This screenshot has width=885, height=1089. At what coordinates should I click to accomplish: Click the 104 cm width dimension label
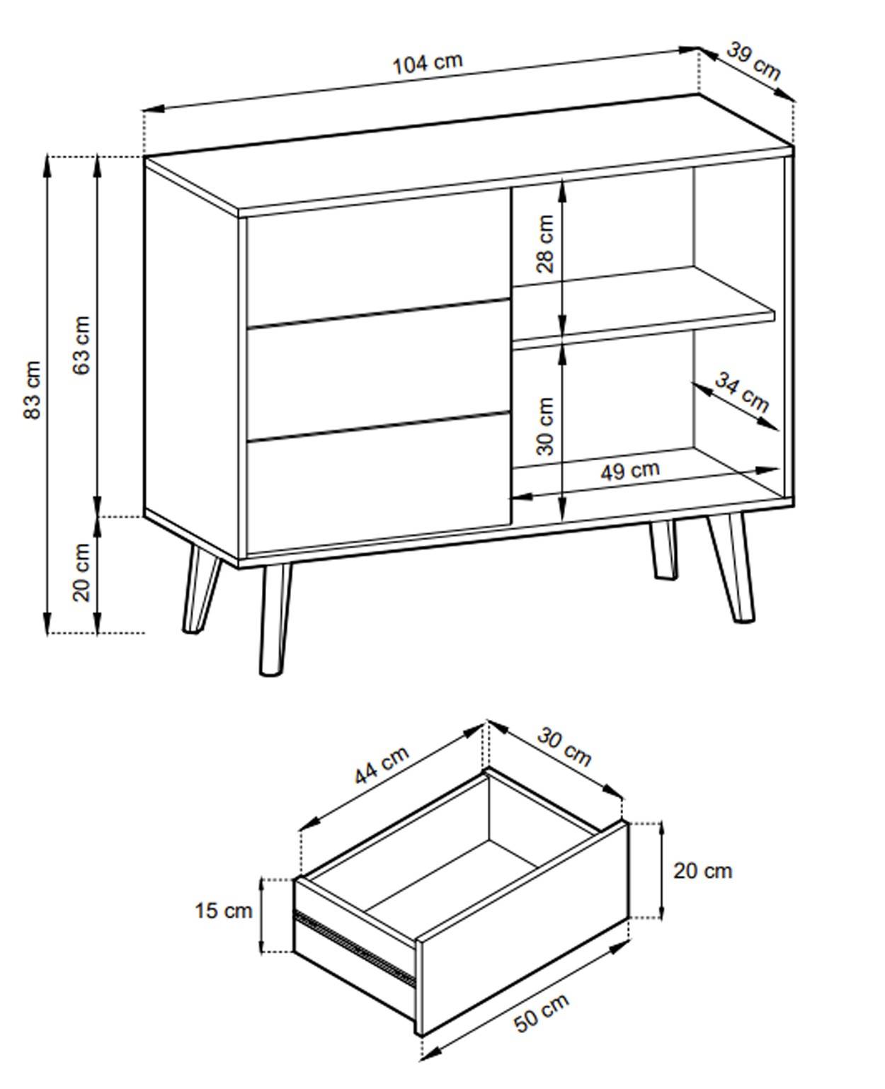[x=428, y=62]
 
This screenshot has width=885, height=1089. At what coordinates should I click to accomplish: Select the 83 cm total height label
[x=33, y=389]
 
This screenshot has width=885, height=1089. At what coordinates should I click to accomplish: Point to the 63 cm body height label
[x=82, y=345]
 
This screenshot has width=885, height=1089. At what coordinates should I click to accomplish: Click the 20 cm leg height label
[x=82, y=572]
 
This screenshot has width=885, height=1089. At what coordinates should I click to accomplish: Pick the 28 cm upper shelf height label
[x=545, y=244]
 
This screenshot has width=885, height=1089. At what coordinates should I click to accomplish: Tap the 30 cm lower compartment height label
[x=545, y=426]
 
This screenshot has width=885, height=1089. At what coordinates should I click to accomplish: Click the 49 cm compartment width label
[x=629, y=470]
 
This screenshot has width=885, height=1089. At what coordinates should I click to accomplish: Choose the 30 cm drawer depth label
[x=564, y=746]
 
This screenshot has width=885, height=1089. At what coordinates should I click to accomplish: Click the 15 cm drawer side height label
[x=223, y=911]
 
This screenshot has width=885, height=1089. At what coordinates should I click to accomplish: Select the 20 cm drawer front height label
[x=702, y=871]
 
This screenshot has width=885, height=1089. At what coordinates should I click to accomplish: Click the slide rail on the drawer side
[x=354, y=945]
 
